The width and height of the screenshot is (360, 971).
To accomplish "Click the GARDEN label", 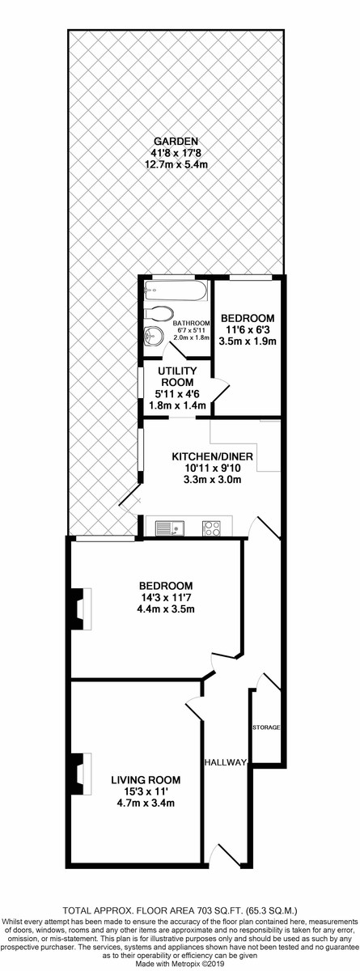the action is [176, 141].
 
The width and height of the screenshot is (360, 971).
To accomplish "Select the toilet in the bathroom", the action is [159, 313].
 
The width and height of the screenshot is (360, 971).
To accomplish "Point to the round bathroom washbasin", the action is [153, 335].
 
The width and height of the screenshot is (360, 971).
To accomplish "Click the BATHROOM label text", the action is [191, 324].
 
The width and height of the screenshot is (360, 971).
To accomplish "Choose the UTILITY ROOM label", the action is [176, 377].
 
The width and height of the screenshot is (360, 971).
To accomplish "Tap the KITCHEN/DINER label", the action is [212, 456].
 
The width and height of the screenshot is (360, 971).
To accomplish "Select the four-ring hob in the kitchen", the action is [212, 528].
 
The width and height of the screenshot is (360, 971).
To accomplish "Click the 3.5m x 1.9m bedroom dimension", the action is [248, 341].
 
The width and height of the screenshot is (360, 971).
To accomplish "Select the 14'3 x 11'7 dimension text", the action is [166, 598].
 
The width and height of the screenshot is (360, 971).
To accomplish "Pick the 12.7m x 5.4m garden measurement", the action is [176, 164].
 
